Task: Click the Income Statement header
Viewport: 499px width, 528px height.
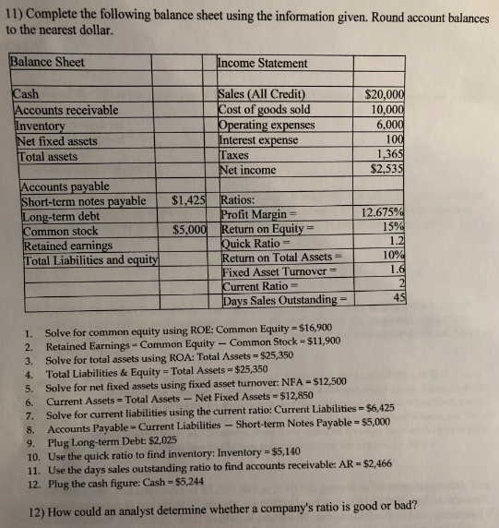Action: (263, 63)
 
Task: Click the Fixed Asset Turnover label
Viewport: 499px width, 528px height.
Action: (267, 271)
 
